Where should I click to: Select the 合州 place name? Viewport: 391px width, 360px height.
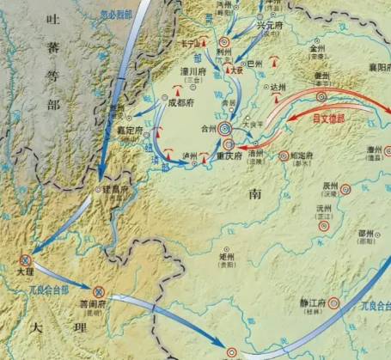209,129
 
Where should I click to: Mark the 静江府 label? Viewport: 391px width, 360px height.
306,302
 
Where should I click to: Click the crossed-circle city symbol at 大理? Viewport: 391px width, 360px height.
26,261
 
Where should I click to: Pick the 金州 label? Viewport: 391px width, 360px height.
318,49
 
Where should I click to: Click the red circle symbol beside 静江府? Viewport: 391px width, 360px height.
333,302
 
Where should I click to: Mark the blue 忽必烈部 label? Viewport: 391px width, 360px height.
117,13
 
